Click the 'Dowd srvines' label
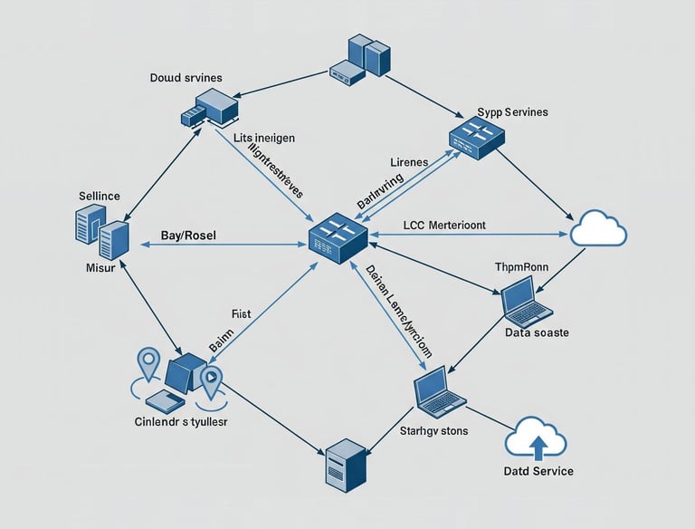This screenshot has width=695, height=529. click(x=186, y=78)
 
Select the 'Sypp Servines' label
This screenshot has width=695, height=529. click(x=512, y=111)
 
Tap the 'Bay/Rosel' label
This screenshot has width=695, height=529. click(x=194, y=236)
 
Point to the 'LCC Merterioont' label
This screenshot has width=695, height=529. click(x=458, y=223)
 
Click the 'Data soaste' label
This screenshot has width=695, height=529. click(x=537, y=332)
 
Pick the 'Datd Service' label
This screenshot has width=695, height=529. click(x=538, y=471)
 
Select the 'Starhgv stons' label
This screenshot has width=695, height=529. click(x=434, y=430)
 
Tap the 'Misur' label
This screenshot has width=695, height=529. click(x=98, y=269)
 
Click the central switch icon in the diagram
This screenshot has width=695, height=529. click(x=337, y=236)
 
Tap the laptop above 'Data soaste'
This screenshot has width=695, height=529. click(x=528, y=303)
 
